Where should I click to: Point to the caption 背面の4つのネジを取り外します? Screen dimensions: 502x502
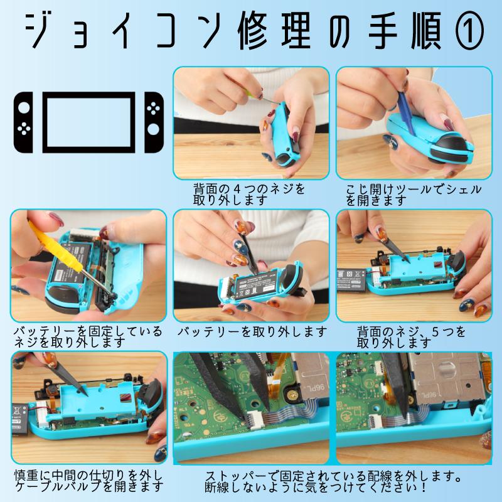250,195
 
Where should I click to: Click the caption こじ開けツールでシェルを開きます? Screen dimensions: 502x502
413,195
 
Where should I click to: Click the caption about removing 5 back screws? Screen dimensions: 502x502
411,336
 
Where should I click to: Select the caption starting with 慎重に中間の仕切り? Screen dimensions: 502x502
88,480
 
